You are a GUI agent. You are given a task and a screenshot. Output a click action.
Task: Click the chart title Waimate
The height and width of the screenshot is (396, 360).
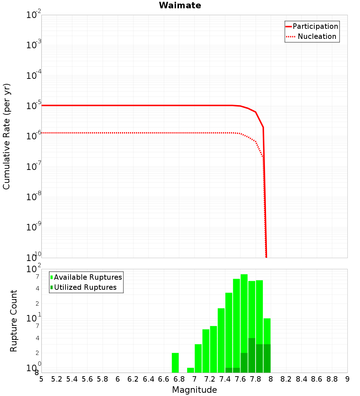180,5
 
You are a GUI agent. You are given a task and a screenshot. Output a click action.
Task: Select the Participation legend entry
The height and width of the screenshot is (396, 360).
315,26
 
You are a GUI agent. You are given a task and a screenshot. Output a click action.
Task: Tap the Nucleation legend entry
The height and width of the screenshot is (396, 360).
316,36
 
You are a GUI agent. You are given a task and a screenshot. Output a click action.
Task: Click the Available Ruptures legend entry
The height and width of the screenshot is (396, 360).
88,277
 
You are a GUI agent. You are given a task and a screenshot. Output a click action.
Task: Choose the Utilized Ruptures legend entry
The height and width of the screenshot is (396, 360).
85,287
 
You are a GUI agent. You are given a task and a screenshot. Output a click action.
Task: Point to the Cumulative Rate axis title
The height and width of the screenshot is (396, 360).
6,136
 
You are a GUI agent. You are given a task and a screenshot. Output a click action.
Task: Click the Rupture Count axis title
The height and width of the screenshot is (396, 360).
14,321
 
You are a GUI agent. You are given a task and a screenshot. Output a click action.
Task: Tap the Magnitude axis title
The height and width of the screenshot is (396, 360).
194,390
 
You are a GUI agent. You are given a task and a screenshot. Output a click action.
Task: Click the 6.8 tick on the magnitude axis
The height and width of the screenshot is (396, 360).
179,379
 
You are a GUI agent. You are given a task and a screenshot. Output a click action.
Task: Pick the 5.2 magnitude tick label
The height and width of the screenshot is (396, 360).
57,379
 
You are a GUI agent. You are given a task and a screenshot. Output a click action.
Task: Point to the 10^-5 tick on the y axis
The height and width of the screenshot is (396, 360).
34,105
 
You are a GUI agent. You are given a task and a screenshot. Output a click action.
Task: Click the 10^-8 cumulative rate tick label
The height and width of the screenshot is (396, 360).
34,197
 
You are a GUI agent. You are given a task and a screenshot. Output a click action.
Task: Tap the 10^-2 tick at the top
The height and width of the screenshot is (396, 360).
34,15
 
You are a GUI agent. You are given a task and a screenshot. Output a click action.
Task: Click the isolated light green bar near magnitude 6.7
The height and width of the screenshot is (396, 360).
175,363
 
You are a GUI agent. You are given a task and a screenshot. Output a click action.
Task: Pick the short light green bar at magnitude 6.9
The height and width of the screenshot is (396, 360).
190,370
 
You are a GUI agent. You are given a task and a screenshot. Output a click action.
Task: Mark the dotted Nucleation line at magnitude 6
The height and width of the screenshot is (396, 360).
118,133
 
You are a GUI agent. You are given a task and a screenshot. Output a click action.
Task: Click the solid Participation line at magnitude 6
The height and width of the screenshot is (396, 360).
118,105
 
